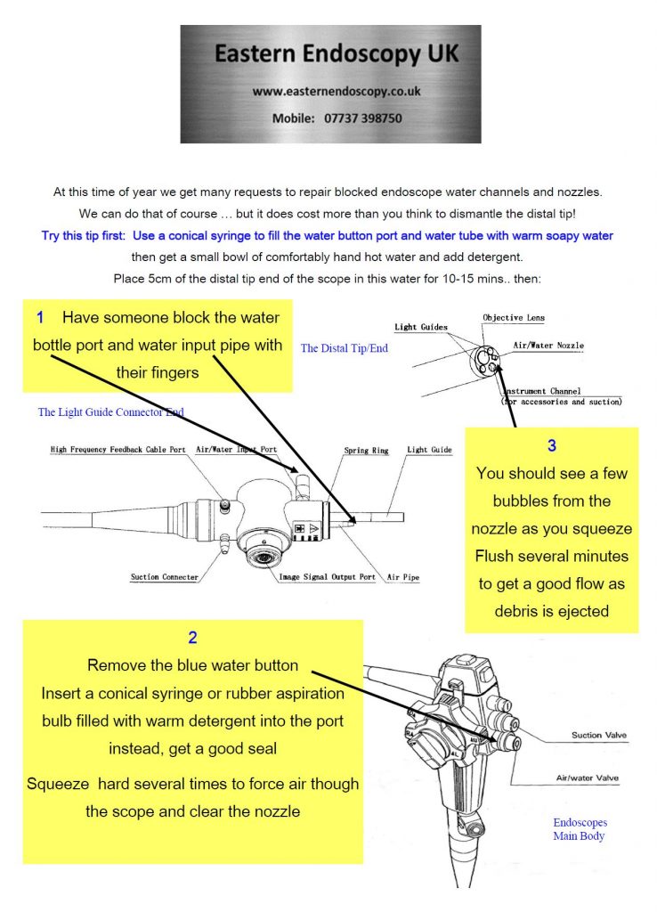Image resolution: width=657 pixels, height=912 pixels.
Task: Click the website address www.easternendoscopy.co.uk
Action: pos(336,91)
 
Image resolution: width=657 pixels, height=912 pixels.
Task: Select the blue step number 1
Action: pos(40,318)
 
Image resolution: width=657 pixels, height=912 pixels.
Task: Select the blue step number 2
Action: pos(192,638)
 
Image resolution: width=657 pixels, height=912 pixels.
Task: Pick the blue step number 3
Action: pos(551,444)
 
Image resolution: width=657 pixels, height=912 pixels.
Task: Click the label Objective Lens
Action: pos(514,318)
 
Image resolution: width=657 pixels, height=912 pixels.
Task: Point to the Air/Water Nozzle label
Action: pos(547,346)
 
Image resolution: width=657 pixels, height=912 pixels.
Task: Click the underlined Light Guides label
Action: pos(421,328)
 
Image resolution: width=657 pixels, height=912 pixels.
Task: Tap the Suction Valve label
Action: pos(598,736)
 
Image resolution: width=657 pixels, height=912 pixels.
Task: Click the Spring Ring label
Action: pos(366,452)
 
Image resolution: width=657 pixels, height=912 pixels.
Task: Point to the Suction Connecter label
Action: pos(164,577)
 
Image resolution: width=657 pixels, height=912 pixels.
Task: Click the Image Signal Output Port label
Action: pos(327,577)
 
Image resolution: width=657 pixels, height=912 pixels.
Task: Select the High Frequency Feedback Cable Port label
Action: pos(118,451)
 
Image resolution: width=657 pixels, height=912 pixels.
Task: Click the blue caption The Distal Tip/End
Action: pos(345,348)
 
